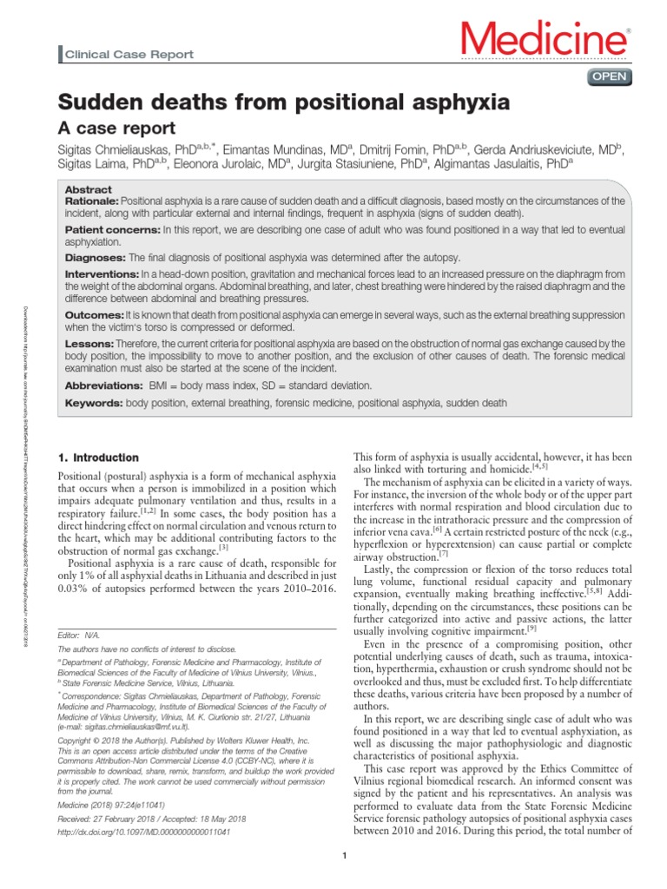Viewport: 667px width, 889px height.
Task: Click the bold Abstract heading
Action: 89,189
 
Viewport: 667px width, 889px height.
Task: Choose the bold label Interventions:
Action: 102,273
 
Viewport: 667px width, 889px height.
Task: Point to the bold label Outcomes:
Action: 95,314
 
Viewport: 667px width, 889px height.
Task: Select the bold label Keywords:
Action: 95,403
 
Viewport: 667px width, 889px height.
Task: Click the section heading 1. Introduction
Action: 97,458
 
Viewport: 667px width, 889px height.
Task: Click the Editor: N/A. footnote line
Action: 78,635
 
